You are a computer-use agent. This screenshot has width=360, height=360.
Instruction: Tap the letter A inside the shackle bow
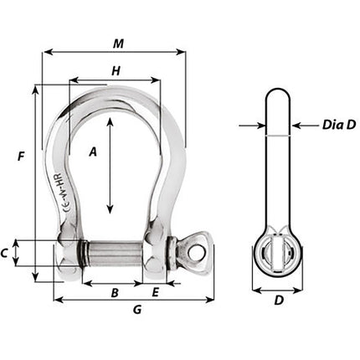93,152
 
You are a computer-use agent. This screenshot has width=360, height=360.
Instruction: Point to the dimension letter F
20,155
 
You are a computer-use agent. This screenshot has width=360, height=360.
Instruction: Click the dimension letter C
5,251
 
